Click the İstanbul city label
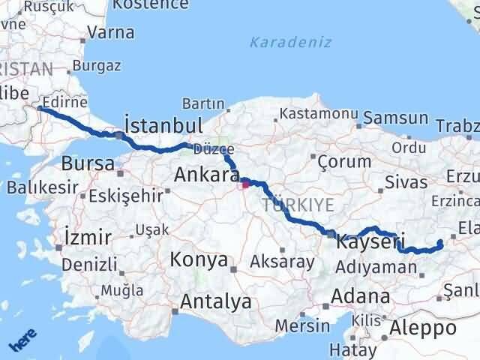coord(163,124)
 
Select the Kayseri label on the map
coord(370,242)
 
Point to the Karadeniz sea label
coord(290,42)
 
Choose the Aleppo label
coord(423,328)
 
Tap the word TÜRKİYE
coord(298,205)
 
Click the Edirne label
coord(65,103)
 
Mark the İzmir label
coord(88,238)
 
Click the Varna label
coord(111,32)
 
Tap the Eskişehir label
coord(126,196)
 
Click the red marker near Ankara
coord(245,182)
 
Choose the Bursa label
coord(88,163)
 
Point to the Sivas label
coord(406,181)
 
